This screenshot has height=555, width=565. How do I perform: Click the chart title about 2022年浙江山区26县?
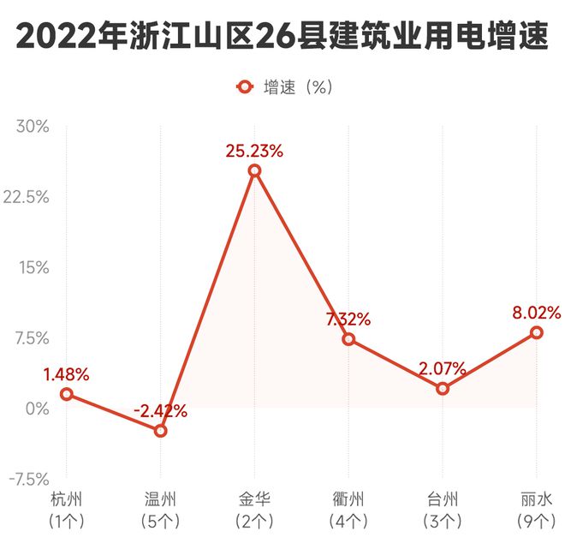(x=282, y=37)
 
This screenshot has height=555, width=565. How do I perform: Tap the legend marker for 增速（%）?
(x=245, y=87)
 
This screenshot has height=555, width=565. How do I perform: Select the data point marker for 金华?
(x=254, y=171)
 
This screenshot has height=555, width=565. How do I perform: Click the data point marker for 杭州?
(x=67, y=394)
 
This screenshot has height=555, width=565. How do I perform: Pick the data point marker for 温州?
(x=160, y=431)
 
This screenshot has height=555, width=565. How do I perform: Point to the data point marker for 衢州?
(x=348, y=339)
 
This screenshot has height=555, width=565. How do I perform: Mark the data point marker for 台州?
(x=443, y=389)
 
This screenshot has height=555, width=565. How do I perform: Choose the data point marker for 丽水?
(x=536, y=332)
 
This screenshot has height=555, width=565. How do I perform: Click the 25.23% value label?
(x=254, y=151)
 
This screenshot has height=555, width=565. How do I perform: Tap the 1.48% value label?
(x=66, y=374)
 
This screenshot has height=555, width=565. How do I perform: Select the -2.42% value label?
(x=160, y=411)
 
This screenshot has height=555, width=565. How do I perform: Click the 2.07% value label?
(x=443, y=369)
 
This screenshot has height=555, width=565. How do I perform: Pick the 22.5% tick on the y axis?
(x=28, y=197)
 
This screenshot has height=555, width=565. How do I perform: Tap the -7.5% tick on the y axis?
(x=28, y=479)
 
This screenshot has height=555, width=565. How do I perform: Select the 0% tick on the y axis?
(x=38, y=409)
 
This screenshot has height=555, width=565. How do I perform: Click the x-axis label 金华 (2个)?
(x=254, y=509)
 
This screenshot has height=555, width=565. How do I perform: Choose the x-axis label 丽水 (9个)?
(x=536, y=509)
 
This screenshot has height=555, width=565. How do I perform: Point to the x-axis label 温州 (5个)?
(x=160, y=509)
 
